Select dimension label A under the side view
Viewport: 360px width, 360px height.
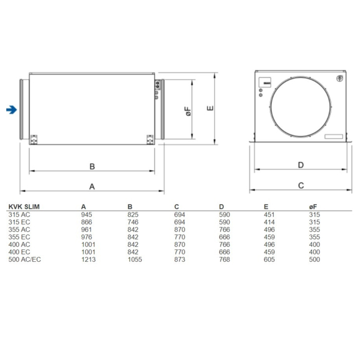pos(92,186)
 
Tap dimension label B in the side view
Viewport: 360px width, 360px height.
pos(92,166)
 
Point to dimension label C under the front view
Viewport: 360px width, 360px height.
pos(301,186)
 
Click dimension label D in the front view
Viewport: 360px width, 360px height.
pos(301,165)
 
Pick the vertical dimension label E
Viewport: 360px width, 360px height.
pos(212,107)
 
